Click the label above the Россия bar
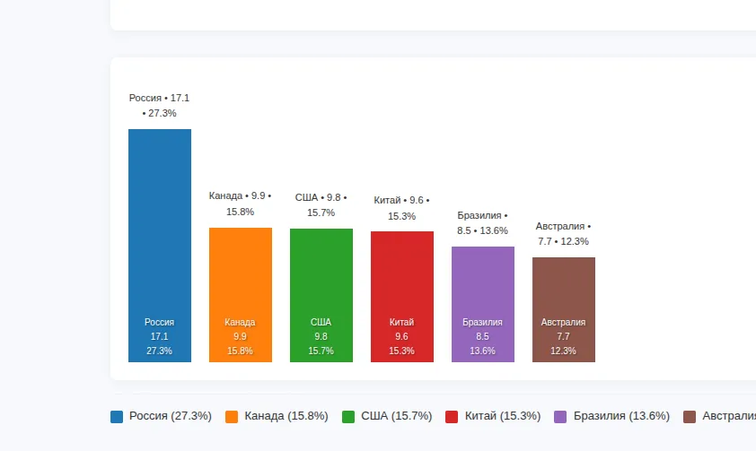click(x=159, y=106)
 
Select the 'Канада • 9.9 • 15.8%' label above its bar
click(x=240, y=204)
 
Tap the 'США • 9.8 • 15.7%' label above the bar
click(x=321, y=204)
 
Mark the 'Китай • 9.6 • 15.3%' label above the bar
click(x=401, y=208)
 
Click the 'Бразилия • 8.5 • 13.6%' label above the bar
click(x=482, y=223)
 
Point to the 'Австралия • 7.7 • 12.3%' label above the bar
click(x=563, y=234)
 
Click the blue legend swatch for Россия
click(x=117, y=416)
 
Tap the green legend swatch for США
click(x=348, y=416)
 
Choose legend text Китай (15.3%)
click(x=503, y=416)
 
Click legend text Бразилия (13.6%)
click(x=621, y=416)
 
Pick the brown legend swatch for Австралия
click(x=690, y=416)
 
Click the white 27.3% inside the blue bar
click(x=159, y=351)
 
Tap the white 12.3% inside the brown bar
click(x=563, y=351)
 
